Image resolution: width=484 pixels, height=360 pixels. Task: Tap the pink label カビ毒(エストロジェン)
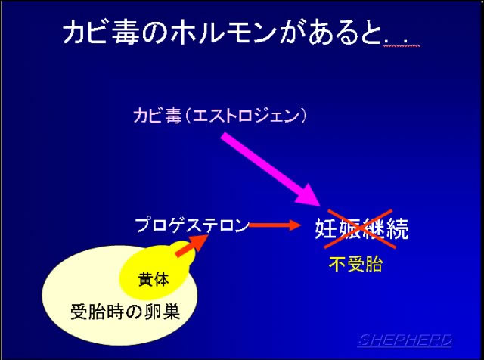click(x=220, y=116)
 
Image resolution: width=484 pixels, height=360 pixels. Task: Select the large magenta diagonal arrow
click(x=271, y=169)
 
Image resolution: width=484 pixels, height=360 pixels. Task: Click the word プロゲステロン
click(x=192, y=225)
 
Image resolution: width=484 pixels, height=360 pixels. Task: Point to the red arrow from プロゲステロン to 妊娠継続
click(x=275, y=225)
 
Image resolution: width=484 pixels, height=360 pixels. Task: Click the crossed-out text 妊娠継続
click(x=361, y=229)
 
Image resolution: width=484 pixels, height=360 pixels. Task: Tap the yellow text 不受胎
click(x=356, y=264)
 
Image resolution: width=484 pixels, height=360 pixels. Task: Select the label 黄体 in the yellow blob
click(x=154, y=280)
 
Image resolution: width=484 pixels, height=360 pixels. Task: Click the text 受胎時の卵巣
click(x=126, y=312)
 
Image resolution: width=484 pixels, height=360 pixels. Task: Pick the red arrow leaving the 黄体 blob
click(x=192, y=245)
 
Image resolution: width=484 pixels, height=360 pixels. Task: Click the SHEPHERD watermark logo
click(x=405, y=340)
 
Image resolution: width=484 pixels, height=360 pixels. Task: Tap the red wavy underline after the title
click(x=402, y=45)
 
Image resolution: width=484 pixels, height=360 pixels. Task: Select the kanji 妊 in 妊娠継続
click(x=326, y=229)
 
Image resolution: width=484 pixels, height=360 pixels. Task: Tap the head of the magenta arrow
click(x=308, y=194)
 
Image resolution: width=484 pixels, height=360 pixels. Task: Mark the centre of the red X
click(x=360, y=229)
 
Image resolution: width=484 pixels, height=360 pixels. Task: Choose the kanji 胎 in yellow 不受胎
click(x=374, y=264)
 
